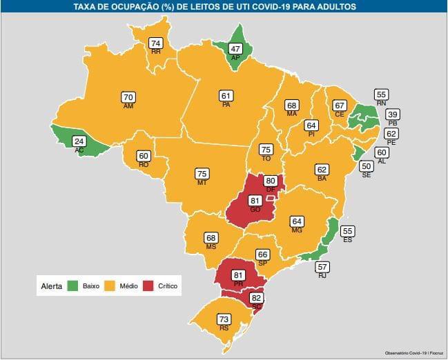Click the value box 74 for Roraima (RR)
coord(156,43)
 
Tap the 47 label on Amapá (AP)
coord(235,50)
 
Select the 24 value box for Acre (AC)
coord(79,141)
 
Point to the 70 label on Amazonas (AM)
coord(128,97)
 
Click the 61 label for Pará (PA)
coord(226,96)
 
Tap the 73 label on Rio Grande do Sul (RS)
coord(223,319)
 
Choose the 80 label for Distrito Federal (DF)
coord(271,181)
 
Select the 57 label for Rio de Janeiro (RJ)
coord(322,266)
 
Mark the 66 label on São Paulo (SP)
coord(262,254)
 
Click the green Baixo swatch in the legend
coord(72,286)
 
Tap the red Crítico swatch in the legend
coord(148,286)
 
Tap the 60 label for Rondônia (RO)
coord(144,156)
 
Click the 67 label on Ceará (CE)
coord(339,106)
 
